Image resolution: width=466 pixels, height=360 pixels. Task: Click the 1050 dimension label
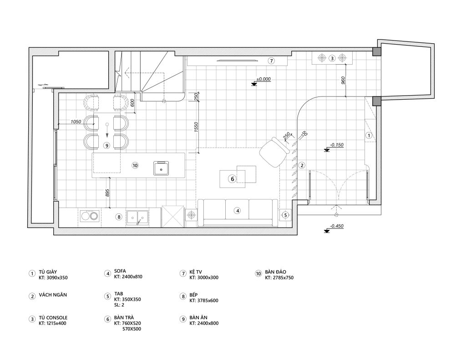click(76, 122)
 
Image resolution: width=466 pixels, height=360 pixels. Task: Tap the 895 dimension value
click(107, 193)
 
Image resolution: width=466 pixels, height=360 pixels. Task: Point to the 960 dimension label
click(343, 81)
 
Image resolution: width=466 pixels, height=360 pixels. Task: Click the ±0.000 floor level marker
click(263, 79)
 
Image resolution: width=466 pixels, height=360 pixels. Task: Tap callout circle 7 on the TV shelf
click(271, 61)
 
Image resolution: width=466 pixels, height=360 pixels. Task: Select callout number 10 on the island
click(135, 165)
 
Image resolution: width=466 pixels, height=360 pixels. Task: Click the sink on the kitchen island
click(161, 168)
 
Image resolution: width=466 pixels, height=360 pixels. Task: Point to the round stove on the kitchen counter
click(90, 217)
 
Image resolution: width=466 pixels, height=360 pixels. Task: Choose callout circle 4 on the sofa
click(238, 211)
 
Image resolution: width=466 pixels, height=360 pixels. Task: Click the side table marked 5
click(285, 215)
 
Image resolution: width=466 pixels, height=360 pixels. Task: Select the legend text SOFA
click(120, 271)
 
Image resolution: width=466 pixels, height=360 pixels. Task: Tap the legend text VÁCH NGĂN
click(53, 295)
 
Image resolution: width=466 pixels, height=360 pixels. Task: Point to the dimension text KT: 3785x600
click(204, 300)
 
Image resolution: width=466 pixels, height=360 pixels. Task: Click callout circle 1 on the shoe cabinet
click(369, 136)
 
